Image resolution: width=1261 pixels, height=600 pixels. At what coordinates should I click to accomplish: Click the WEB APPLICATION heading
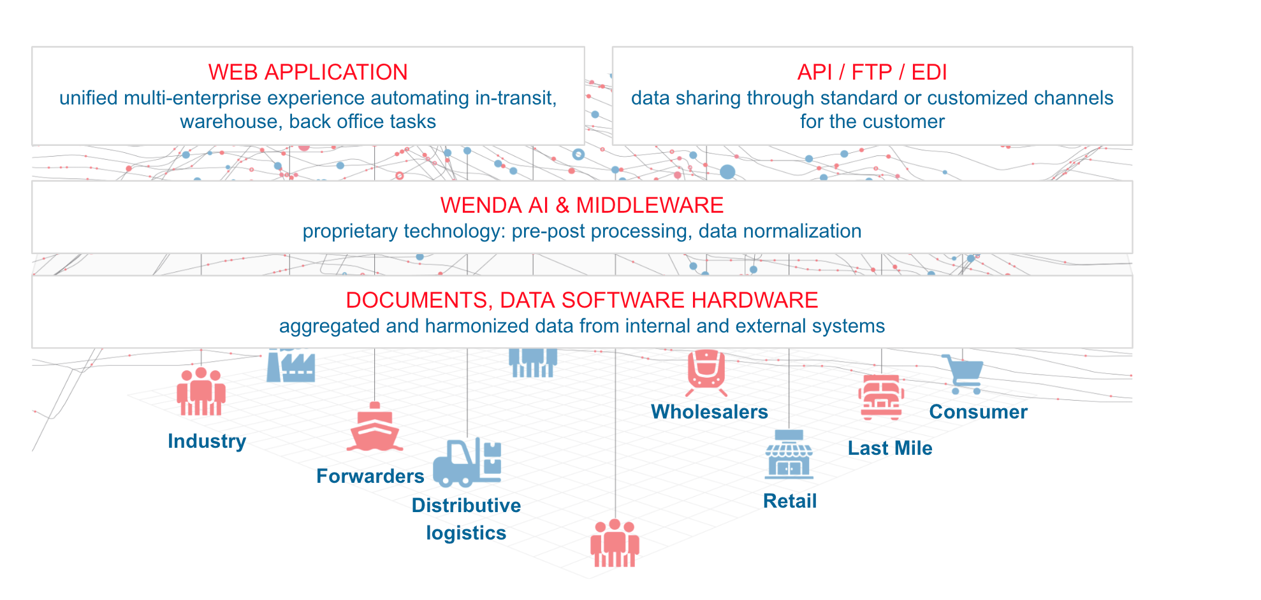coord(308,72)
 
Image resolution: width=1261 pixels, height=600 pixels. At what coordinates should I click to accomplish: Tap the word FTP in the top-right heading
coord(871,72)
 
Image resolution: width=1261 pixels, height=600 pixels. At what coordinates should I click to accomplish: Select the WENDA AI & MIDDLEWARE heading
coord(581,205)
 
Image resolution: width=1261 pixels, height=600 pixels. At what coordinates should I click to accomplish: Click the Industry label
coord(207,441)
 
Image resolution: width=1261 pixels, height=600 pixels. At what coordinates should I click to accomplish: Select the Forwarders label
coord(370,476)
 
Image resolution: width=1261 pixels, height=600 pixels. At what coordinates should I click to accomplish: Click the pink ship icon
coord(375,428)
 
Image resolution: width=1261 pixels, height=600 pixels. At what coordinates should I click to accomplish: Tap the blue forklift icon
coord(467,462)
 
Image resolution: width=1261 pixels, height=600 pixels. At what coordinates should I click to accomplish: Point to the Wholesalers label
coord(709,411)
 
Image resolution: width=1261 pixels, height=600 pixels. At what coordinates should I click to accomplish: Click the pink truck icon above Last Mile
coord(881,397)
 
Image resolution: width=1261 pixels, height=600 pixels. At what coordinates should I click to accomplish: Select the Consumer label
coord(978,411)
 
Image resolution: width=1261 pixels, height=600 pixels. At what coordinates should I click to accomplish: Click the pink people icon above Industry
coord(201,392)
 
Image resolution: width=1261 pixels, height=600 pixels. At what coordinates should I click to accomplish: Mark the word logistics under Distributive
coord(466,532)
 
